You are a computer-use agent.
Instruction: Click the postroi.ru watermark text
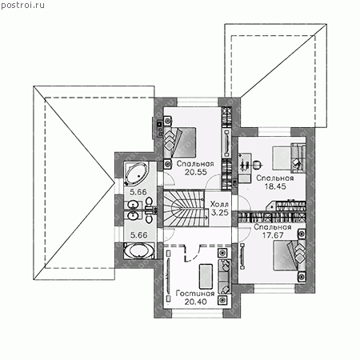tap(22, 6)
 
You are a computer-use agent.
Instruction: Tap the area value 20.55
tap(196, 172)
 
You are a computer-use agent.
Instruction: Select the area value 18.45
tap(275, 186)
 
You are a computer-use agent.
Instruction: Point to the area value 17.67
tap(273, 235)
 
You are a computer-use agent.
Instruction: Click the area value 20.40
tap(195, 302)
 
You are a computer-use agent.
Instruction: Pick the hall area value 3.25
tap(220, 213)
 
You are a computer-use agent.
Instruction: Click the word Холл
tap(219, 204)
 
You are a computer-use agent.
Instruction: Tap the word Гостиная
tap(195, 294)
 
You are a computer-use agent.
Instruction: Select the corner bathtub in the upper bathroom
tap(136, 174)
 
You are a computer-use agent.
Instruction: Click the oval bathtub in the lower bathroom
tap(139, 251)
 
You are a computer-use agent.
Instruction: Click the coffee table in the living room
tap(206, 276)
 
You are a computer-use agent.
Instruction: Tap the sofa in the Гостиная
tap(224, 276)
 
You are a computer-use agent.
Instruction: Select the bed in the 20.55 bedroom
tap(179, 142)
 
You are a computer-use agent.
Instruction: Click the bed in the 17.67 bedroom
tap(289, 255)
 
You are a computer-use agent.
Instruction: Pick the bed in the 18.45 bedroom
tap(289, 158)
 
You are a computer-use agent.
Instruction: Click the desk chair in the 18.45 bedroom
tap(256, 165)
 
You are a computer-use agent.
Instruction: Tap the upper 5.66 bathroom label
tap(138, 192)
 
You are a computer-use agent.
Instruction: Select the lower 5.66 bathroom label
tap(138, 235)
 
